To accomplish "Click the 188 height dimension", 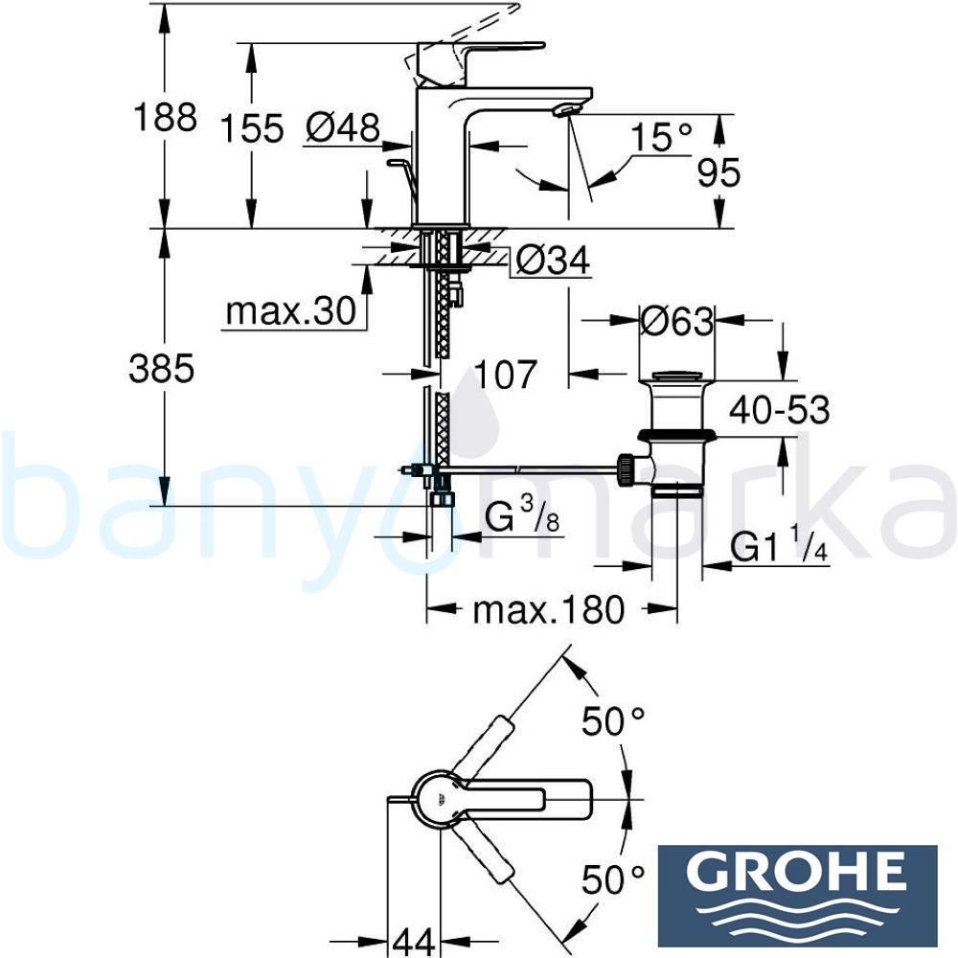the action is (x=165, y=117).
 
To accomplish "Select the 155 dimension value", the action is (x=252, y=128).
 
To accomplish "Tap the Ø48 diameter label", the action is (x=343, y=127).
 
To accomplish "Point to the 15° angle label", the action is (x=661, y=136).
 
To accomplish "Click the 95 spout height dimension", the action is (x=718, y=172).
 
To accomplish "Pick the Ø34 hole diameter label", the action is (x=554, y=261).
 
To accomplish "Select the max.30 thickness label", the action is (x=291, y=311).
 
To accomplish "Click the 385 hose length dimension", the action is (x=162, y=369).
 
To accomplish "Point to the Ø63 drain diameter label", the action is (x=677, y=321).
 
